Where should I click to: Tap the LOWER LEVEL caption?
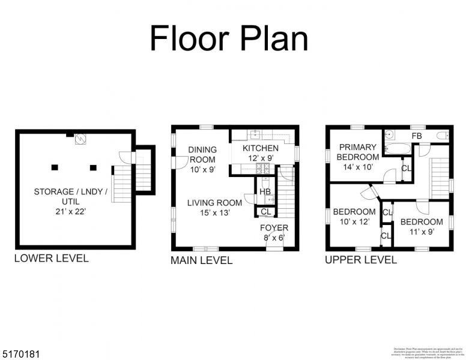51,259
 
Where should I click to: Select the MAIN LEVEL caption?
201,260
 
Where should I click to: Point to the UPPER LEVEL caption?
360,260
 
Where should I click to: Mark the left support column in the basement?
55,167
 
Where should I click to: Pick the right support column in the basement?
93,167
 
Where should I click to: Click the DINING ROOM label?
202,155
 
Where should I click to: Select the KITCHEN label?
260,148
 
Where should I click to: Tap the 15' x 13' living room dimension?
214,212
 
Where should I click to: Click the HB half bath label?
265,191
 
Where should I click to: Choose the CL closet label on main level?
265,211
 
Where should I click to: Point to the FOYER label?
274,228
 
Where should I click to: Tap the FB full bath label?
416,136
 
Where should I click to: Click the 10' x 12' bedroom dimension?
354,221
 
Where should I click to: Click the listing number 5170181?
20,355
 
